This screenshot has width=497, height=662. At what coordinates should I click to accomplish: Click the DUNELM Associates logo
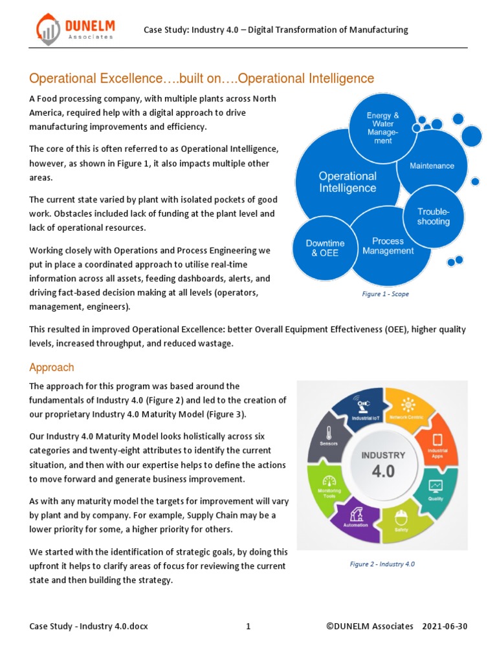[x=75, y=30]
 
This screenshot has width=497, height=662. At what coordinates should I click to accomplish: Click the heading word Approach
[x=52, y=367]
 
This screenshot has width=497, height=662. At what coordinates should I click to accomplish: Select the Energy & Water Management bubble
[x=382, y=129]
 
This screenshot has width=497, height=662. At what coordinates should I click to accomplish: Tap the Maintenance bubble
[x=432, y=166]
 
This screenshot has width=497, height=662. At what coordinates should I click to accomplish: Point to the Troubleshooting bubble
[x=433, y=217]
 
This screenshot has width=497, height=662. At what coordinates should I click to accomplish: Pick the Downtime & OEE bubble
[x=325, y=248]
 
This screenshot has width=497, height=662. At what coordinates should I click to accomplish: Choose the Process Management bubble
[x=388, y=246]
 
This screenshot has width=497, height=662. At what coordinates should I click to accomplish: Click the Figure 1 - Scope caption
[x=385, y=294]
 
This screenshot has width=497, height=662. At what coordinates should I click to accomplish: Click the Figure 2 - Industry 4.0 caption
[x=382, y=564]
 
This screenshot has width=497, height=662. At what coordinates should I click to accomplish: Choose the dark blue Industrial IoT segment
[x=361, y=410]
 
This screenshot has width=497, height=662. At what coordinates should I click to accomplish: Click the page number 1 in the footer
[x=248, y=626]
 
